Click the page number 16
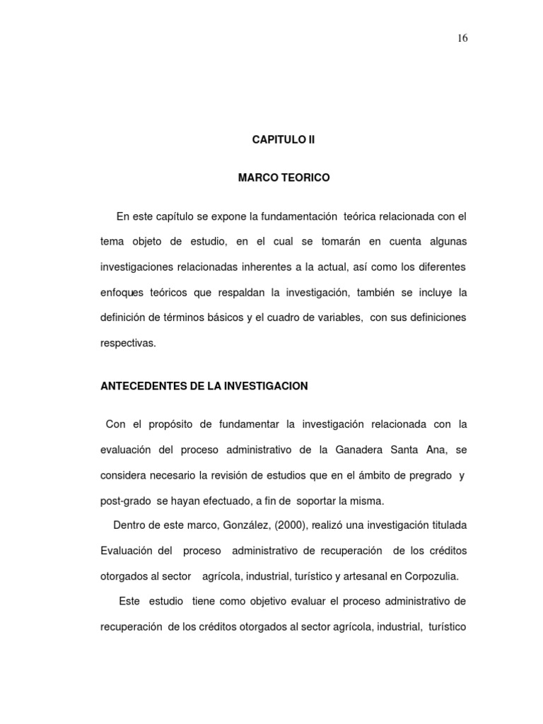462,38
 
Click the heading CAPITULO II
284,140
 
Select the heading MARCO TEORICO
284,177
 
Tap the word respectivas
128,344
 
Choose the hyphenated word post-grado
125,501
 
